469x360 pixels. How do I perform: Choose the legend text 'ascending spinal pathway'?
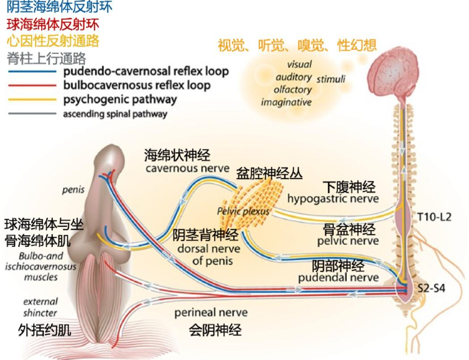point(115,114)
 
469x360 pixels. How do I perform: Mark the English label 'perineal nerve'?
point(211,313)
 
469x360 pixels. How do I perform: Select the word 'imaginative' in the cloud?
point(286,102)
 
